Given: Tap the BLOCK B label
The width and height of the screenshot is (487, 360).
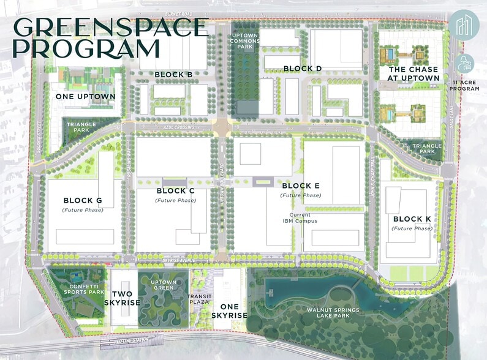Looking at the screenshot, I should [x=173, y=75].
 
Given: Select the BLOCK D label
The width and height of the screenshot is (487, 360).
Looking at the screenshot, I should [x=303, y=68].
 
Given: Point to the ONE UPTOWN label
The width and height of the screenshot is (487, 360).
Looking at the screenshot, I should [x=77, y=97].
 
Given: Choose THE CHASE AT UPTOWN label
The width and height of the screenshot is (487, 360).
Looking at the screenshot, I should [x=413, y=74].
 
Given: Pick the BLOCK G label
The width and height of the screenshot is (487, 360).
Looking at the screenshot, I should [x=83, y=200].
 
